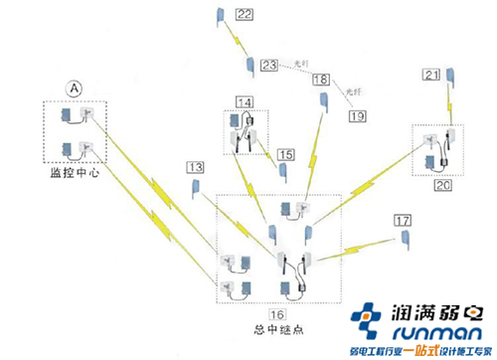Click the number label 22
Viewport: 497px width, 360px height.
[245, 14]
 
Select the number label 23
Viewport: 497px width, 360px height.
[269, 67]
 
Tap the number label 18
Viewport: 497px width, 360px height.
[321, 80]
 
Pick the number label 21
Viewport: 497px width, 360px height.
[431, 74]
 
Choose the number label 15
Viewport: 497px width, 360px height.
[286, 154]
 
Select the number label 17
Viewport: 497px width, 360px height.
[402, 220]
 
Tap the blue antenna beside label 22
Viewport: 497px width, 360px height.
[218, 15]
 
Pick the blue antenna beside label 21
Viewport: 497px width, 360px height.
[450, 76]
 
